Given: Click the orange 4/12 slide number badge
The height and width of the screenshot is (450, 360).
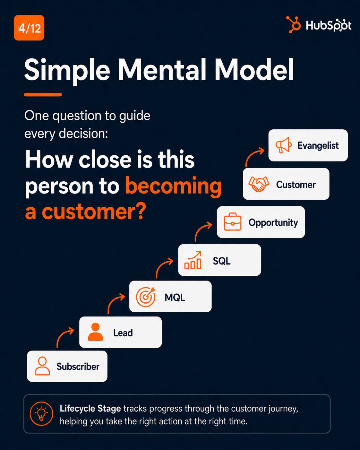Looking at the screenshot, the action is coord(29,28).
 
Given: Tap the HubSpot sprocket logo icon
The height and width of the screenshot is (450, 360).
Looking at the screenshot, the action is coord(293,24).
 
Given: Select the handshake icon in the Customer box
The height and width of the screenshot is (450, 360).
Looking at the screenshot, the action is coord(259,184).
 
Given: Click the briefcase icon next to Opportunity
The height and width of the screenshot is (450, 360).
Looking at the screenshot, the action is coord(233,222).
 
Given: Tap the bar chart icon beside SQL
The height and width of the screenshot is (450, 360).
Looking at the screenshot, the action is coord(193,260).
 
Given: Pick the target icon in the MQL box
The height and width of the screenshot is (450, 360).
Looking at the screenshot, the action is coord(146,297).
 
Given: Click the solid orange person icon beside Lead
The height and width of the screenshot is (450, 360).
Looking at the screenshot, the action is coord(95,332).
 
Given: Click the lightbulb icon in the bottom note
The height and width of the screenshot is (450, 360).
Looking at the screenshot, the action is coord(41,414).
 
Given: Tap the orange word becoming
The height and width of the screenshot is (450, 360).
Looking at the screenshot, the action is coord(173,186).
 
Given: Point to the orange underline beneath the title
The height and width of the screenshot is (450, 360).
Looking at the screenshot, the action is coord(43,94).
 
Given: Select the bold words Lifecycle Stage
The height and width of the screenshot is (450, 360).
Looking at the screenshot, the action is coord(90,408).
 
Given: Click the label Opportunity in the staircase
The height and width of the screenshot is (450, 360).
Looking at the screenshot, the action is coord(273,223).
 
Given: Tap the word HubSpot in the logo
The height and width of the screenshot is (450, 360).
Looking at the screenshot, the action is coord(329,25).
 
